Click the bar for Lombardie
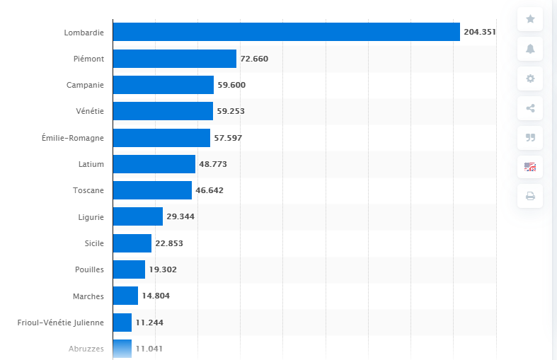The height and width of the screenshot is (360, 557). click(x=286, y=32)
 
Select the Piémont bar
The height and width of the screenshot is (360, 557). click(x=174, y=59)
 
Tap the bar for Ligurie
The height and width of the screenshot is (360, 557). click(x=137, y=216)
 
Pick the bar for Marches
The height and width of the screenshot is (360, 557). click(x=125, y=296)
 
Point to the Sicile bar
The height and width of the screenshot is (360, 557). click(x=132, y=243)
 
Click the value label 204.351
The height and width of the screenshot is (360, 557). click(x=480, y=32)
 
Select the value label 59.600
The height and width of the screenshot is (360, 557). click(x=231, y=85)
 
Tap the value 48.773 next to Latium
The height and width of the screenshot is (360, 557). click(x=213, y=164)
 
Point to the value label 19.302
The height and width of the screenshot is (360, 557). click(x=163, y=269)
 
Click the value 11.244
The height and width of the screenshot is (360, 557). click(x=149, y=323)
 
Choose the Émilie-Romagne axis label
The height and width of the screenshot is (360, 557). click(x=73, y=138)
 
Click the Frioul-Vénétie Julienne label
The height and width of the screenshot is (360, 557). click(x=61, y=323)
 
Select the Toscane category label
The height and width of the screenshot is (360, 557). click(x=88, y=190)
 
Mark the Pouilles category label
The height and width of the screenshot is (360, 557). click(x=89, y=269)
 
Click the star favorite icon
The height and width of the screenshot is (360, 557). click(x=530, y=19)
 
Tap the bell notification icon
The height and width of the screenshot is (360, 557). click(x=530, y=49)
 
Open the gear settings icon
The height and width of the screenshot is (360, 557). click(x=530, y=79)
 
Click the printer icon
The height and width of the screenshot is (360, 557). click(x=530, y=196)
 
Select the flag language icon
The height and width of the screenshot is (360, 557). click(x=530, y=167)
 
